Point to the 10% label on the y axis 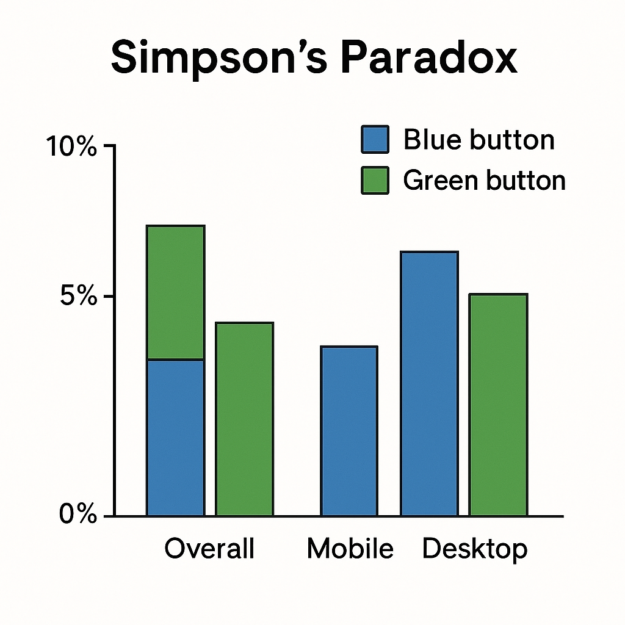[x=71, y=147]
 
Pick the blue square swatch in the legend [x=375, y=140]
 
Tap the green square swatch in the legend [x=375, y=180]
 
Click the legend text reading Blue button [x=479, y=140]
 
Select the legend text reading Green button [x=484, y=180]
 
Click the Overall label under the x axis [x=209, y=549]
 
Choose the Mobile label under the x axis [x=350, y=549]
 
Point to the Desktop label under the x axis [x=474, y=549]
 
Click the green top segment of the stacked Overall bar [x=176, y=292]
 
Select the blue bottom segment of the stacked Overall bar [x=176, y=438]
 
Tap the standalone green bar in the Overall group [x=244, y=419]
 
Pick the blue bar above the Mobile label [x=349, y=431]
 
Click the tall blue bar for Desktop [x=429, y=383]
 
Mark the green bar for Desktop [x=497, y=405]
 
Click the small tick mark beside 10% [x=109, y=146]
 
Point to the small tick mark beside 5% [x=109, y=297]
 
